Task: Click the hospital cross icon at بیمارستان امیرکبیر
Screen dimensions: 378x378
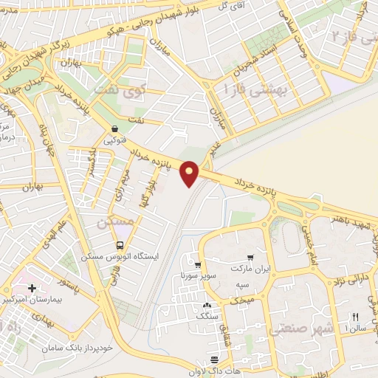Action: [x=31, y=287]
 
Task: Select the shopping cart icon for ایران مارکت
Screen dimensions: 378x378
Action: [x=252, y=258]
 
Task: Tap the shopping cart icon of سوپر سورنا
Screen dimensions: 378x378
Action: [x=198, y=264]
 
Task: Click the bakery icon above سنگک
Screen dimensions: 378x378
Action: [x=206, y=305]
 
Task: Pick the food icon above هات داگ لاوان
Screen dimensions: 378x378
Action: [x=215, y=359]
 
